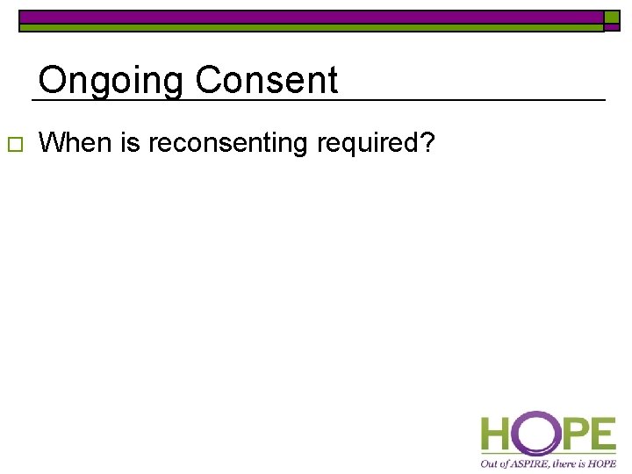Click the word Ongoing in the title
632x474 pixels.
111,82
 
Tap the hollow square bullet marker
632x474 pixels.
12,144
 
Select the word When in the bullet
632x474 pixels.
77,142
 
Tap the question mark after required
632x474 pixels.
427,142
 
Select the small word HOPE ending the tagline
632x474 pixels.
601,463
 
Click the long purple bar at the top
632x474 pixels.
312,17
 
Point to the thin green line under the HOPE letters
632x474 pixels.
549,454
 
